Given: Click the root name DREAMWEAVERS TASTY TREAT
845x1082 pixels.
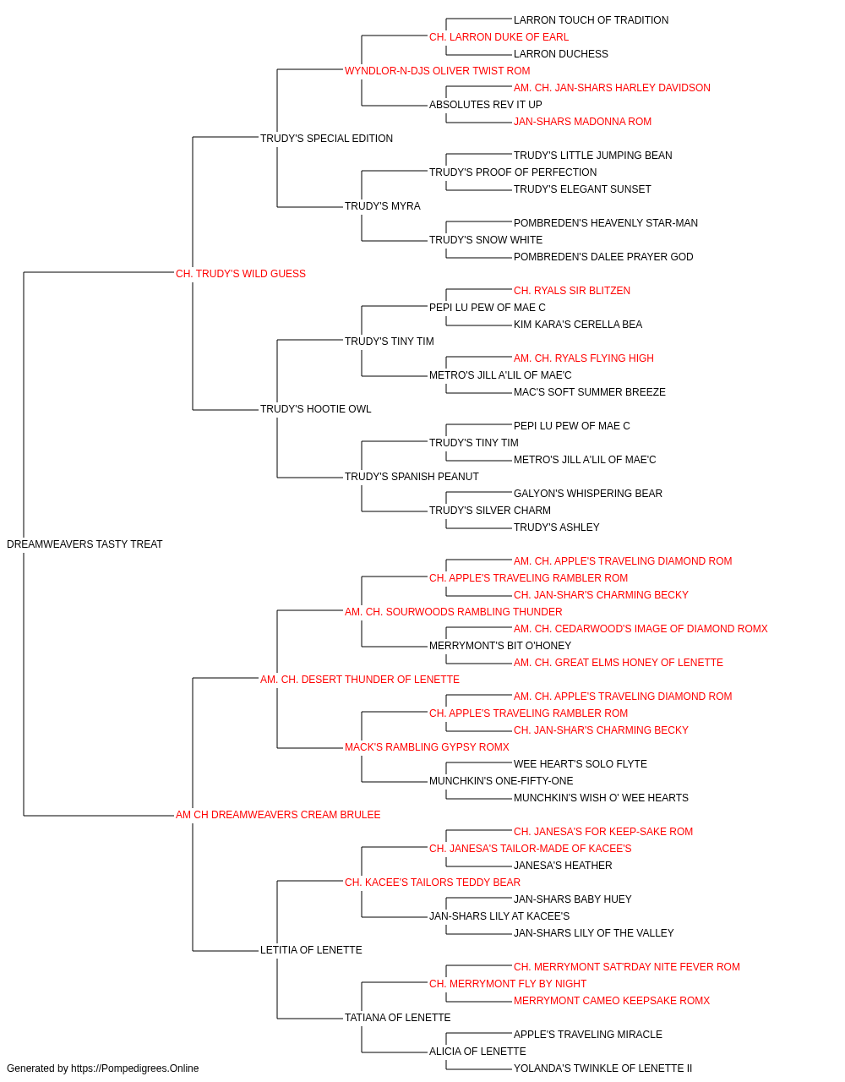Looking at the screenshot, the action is (x=84, y=544).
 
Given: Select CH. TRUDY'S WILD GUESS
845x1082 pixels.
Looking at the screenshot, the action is (x=240, y=274).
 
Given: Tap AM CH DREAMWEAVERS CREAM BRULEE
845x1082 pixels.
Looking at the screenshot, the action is (x=278, y=815).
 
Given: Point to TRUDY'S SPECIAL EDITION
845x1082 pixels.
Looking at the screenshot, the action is (x=326, y=139).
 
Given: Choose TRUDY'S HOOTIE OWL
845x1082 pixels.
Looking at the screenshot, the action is (x=315, y=409).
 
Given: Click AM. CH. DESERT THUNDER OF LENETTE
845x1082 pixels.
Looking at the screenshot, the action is (x=359, y=680).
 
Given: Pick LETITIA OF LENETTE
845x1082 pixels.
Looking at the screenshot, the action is (x=311, y=950).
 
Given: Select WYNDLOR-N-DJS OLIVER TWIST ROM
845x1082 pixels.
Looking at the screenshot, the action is (x=437, y=71).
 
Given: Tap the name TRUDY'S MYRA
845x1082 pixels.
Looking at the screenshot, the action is (x=382, y=206).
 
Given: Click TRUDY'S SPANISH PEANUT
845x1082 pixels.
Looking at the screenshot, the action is (x=412, y=477).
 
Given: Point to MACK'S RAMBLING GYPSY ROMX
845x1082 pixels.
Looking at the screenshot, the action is (x=427, y=747).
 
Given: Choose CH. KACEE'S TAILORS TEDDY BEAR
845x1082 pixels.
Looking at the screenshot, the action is (x=433, y=883).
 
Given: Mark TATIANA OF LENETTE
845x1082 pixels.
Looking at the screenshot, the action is (x=397, y=1018).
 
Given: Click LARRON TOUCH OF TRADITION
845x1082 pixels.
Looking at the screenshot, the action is (x=591, y=20).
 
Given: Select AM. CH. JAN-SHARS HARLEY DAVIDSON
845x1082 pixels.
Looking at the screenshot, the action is (x=612, y=88).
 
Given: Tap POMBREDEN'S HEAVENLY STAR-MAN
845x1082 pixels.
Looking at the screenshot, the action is (x=605, y=223).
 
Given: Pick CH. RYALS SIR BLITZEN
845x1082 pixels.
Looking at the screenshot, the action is (x=572, y=291).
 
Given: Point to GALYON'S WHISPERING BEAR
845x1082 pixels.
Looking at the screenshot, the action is (x=588, y=494).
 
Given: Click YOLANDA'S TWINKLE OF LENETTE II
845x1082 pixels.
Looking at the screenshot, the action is (x=602, y=1068).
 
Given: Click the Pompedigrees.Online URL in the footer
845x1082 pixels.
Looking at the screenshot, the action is (x=134, y=1068).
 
